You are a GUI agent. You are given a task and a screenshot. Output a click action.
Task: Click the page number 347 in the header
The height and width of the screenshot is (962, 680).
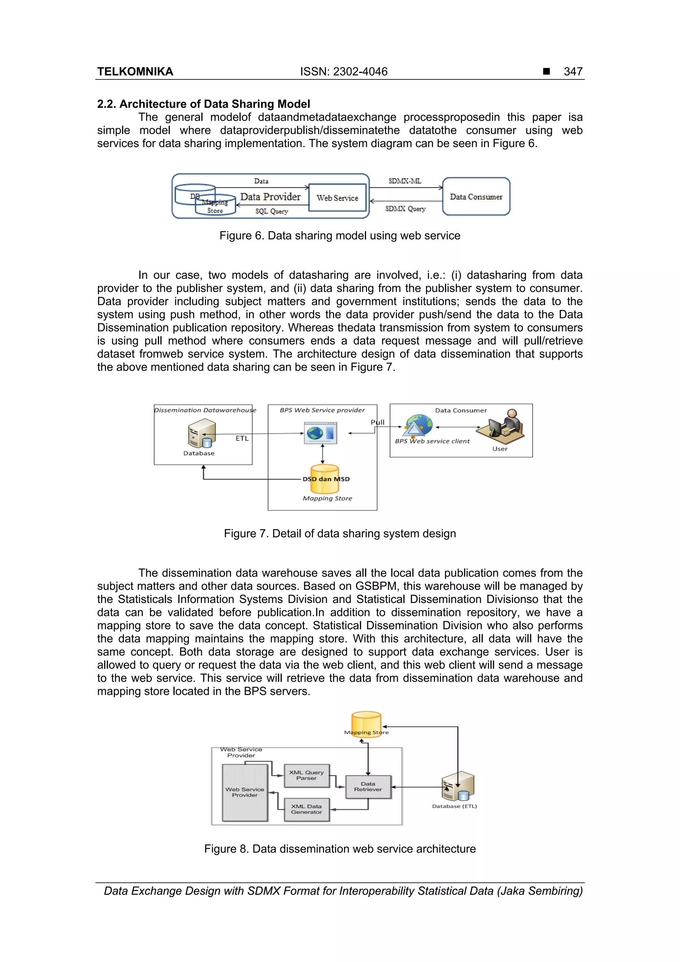pyautogui.click(x=572, y=72)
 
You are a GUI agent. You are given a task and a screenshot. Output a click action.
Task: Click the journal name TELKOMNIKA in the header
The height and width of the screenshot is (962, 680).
pyautogui.click(x=135, y=72)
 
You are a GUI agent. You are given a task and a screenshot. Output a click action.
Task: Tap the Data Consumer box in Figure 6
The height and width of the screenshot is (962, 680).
pyautogui.click(x=476, y=197)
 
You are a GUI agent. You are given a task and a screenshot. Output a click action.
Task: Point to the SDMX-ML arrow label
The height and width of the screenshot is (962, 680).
pyautogui.click(x=404, y=181)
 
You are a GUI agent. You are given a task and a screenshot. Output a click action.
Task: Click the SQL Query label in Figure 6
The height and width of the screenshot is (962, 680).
pyautogui.click(x=272, y=211)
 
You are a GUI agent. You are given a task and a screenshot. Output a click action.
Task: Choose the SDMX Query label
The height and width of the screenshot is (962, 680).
pyautogui.click(x=405, y=209)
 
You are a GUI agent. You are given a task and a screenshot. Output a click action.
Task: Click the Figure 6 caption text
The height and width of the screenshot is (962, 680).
pyautogui.click(x=339, y=235)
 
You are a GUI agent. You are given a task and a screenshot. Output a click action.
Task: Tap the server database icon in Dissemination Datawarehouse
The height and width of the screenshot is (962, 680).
pyautogui.click(x=202, y=434)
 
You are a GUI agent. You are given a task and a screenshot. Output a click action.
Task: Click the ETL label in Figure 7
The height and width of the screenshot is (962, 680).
pyautogui.click(x=242, y=438)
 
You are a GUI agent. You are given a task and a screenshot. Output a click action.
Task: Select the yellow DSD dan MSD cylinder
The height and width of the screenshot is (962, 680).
pyautogui.click(x=325, y=479)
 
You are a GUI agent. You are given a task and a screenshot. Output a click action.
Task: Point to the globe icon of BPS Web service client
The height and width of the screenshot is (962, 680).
pyautogui.click(x=418, y=425)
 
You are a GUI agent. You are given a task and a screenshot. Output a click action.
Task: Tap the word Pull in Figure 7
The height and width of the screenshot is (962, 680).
pyautogui.click(x=377, y=422)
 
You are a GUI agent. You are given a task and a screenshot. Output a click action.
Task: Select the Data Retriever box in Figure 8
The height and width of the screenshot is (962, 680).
pyautogui.click(x=368, y=786)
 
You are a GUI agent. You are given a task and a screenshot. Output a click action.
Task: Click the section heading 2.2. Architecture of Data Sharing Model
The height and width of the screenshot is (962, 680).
pyautogui.click(x=204, y=104)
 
